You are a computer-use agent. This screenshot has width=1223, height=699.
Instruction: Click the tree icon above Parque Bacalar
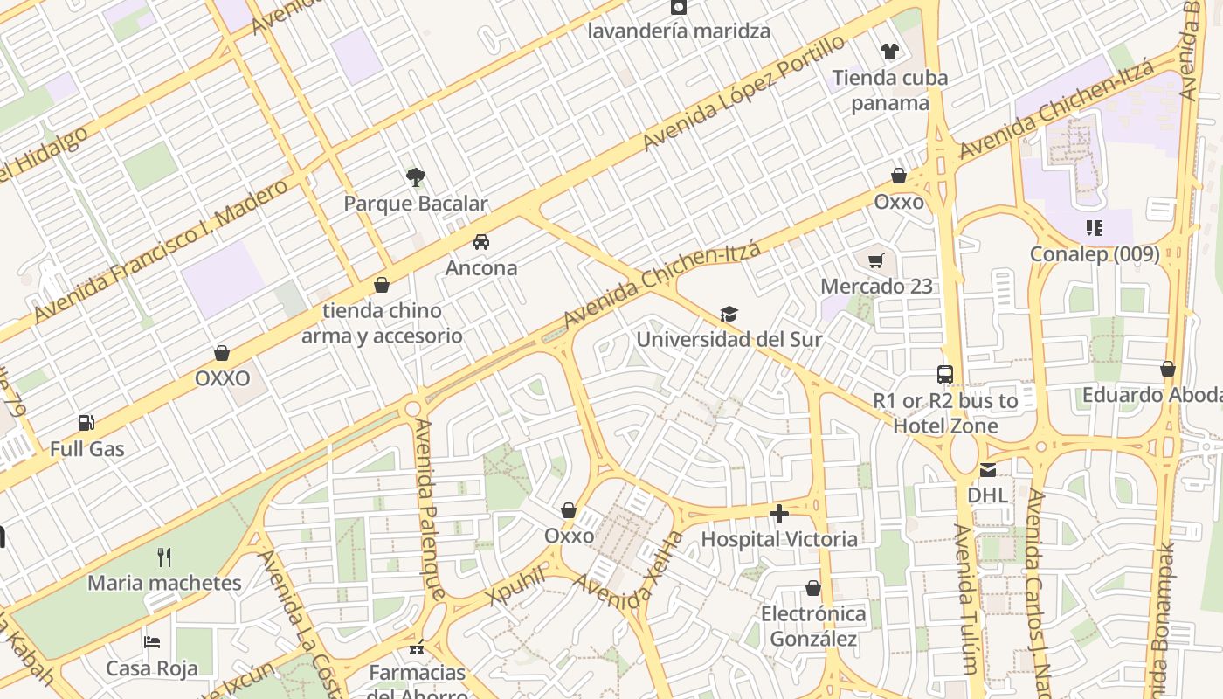(416, 177)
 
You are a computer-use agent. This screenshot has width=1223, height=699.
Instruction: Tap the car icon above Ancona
(481, 242)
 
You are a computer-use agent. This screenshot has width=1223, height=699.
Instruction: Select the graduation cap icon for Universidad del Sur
(729, 314)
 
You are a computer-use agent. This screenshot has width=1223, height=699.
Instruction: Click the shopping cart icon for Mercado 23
(876, 260)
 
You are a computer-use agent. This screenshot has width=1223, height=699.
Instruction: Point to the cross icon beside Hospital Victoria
(779, 514)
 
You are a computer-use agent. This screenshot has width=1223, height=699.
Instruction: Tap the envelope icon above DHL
(987, 470)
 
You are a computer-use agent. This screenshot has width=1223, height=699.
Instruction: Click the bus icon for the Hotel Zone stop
(945, 375)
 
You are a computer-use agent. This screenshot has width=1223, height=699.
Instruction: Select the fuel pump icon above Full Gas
(86, 423)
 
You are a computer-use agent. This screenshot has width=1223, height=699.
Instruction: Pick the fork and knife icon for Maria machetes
(164, 557)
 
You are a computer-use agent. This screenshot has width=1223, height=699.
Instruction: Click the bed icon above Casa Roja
(152, 642)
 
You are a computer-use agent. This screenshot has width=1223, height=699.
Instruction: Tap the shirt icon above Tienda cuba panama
(890, 52)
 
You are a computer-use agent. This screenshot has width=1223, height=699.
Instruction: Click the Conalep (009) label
(1095, 254)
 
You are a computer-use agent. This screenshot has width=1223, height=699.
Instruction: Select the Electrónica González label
(813, 626)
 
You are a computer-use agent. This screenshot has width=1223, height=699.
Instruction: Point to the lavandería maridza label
(679, 31)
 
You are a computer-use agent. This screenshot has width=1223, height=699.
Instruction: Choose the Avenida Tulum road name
(965, 599)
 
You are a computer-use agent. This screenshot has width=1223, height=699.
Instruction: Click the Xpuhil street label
(517, 585)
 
